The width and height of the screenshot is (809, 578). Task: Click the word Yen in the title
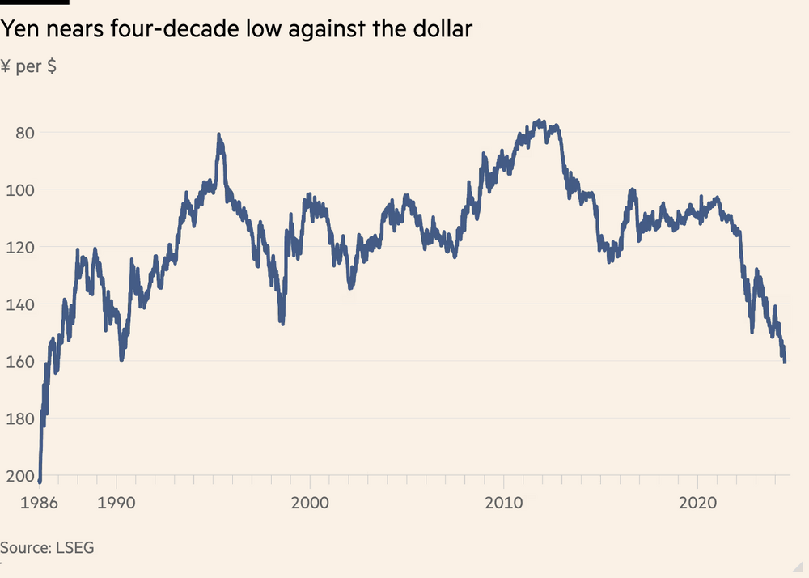(x=19, y=30)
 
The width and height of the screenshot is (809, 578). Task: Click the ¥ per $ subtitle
(x=28, y=66)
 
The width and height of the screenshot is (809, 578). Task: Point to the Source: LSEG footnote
(x=47, y=547)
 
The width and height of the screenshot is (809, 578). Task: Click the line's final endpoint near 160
(x=785, y=362)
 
